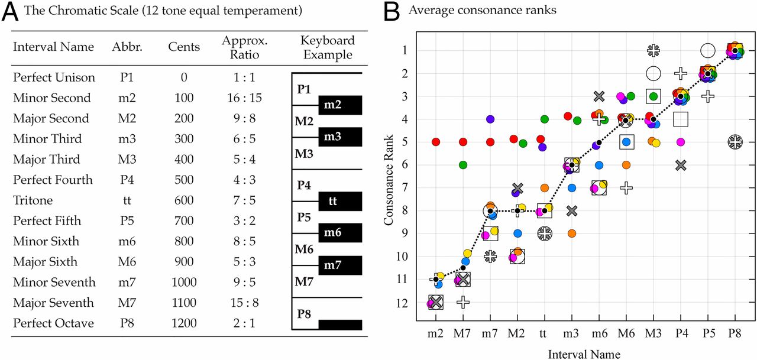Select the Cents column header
click(184, 47)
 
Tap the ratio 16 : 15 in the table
click(244, 98)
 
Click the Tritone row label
click(33, 200)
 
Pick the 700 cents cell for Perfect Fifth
click(184, 221)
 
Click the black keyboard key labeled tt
click(340, 201)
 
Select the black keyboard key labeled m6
click(340, 233)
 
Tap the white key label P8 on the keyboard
click(304, 313)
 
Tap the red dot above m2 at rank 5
click(436, 142)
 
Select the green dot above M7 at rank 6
click(463, 165)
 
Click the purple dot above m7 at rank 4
click(490, 119)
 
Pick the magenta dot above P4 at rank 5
click(681, 142)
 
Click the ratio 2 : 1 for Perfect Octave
click(244, 323)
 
